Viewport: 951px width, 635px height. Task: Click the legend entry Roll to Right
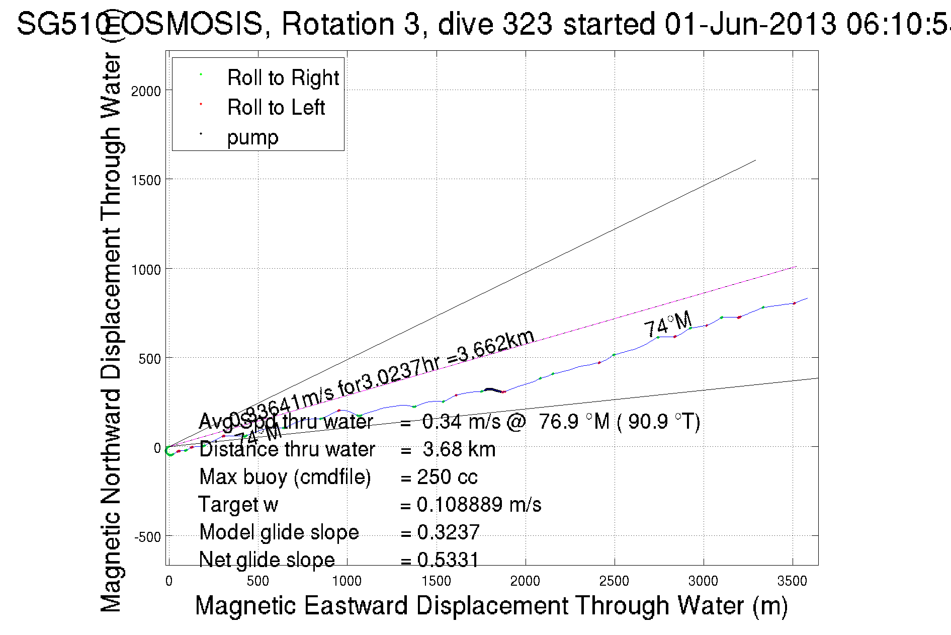tap(283, 78)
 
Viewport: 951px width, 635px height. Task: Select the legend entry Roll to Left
tap(276, 108)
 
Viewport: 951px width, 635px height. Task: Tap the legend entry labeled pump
tap(252, 137)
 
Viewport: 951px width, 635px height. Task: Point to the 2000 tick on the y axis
tap(146, 91)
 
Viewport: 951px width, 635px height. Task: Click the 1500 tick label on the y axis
tap(146, 180)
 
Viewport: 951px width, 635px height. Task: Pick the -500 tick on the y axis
tap(147, 537)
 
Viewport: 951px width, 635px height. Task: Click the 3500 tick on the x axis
tap(792, 581)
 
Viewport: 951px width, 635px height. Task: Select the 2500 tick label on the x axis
tap(614, 581)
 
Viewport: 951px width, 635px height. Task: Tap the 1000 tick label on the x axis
tap(347, 581)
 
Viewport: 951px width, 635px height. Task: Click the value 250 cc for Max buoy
tap(447, 477)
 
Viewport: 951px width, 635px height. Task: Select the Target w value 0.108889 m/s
tap(479, 505)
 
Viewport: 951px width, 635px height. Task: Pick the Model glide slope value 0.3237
tap(448, 532)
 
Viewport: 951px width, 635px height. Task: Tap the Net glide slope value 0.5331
tap(448, 560)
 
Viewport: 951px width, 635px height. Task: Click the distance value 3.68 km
tap(459, 449)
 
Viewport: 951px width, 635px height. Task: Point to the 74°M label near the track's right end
tap(668, 325)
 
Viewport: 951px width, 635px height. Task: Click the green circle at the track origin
tap(170, 451)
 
